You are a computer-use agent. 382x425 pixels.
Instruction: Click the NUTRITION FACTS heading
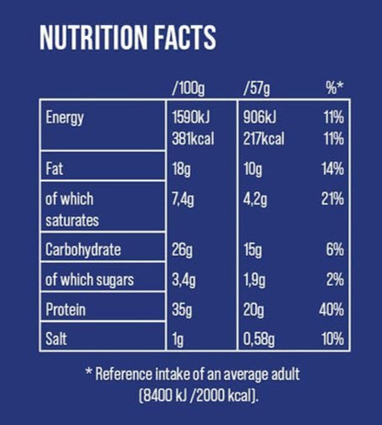[x=128, y=38]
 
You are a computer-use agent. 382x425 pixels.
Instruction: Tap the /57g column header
[x=258, y=89]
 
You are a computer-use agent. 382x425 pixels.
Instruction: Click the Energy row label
[x=64, y=118]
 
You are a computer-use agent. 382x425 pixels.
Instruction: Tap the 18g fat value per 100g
[x=181, y=169]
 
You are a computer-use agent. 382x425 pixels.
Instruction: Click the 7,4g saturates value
[x=185, y=200]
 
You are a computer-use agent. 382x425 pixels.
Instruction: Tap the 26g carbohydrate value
[x=182, y=249]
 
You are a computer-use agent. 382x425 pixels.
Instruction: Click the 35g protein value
[x=182, y=309]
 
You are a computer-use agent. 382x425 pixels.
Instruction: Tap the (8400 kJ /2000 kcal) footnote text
[x=192, y=397]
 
